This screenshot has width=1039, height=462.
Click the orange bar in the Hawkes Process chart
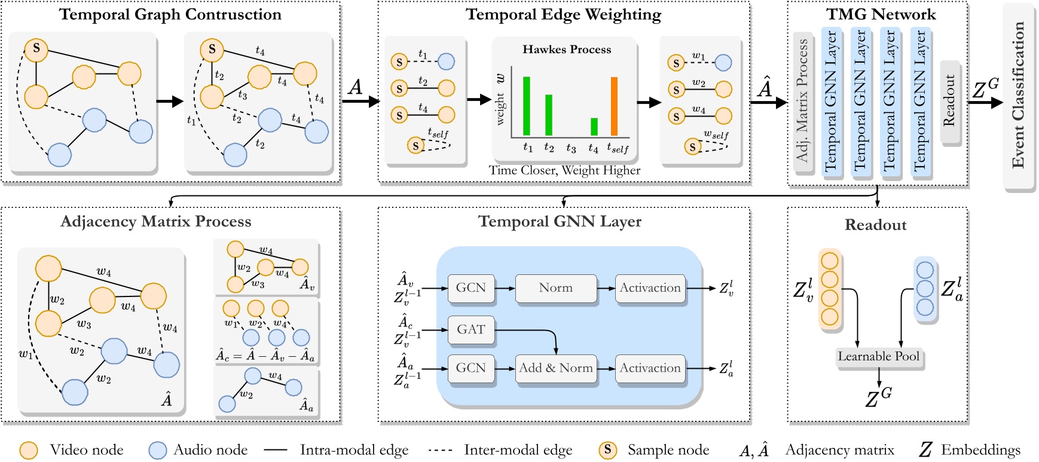pyautogui.click(x=614, y=106)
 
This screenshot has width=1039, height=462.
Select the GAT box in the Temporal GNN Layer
pyautogui.click(x=471, y=329)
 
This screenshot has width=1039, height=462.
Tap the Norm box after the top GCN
pyautogui.click(x=555, y=287)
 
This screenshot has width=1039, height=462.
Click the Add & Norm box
pyautogui.click(x=555, y=368)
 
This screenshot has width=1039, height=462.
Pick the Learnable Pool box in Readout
pyautogui.click(x=878, y=357)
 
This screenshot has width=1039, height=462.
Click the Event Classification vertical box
pyautogui.click(x=1018, y=96)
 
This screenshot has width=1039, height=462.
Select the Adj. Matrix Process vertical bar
pyautogui.click(x=802, y=102)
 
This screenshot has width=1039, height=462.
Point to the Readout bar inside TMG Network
pyautogui.click(x=949, y=102)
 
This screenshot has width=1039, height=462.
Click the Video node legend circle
pyautogui.click(x=29, y=451)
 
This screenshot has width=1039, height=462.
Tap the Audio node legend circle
pyautogui.click(x=157, y=451)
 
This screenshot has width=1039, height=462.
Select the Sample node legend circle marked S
pyautogui.click(x=607, y=450)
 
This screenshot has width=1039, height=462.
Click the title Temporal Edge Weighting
pyautogui.click(x=563, y=14)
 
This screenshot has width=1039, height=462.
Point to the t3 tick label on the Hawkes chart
pyautogui.click(x=571, y=148)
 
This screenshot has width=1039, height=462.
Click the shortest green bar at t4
pyautogui.click(x=594, y=126)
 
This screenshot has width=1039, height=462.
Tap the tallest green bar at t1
pyautogui.click(x=527, y=106)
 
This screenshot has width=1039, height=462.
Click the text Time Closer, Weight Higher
pyautogui.click(x=564, y=170)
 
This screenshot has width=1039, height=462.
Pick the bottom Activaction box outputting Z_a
pyautogui.click(x=650, y=368)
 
